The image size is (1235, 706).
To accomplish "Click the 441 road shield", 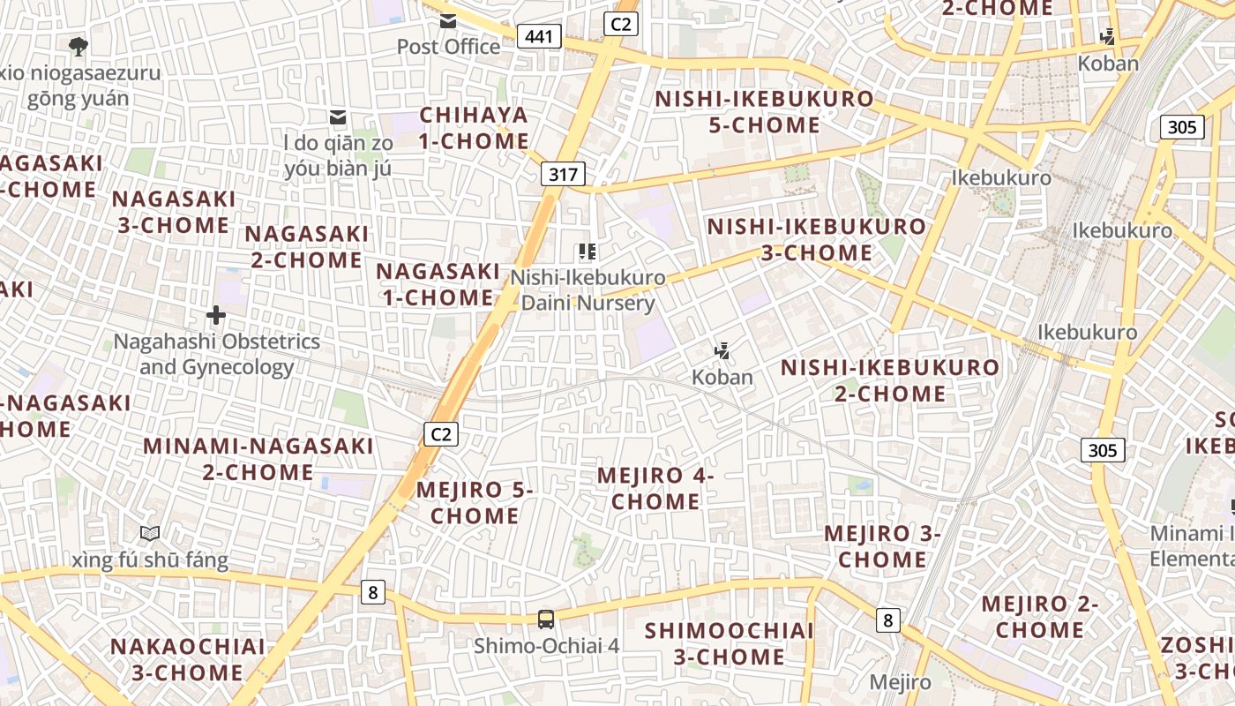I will click(538, 36).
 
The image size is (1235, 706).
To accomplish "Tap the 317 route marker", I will click(563, 174).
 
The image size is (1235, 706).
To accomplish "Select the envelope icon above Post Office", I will click(448, 21).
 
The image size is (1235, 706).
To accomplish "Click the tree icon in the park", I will click(78, 45).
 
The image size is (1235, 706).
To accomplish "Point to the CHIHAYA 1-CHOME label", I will click(475, 128).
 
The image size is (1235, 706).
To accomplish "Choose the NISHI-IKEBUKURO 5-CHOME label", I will click(764, 112).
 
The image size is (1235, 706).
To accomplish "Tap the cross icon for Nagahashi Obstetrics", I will click(216, 315).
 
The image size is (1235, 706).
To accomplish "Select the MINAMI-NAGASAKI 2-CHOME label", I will click(258, 459).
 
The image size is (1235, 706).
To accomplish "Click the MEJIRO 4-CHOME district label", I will click(655, 488).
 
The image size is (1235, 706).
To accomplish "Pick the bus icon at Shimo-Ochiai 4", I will click(546, 620).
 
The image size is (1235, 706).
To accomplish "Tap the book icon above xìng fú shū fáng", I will click(150, 534).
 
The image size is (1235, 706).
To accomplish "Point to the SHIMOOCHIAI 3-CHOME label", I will click(730, 643).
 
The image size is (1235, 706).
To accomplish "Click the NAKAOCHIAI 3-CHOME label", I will click(188, 659).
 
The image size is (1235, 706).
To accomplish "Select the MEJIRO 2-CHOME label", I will click(1040, 617).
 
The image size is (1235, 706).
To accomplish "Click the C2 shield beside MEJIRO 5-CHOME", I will click(442, 434).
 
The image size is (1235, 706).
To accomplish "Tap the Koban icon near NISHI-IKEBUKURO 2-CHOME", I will click(722, 351).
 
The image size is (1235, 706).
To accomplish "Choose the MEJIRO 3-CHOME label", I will click(882, 546).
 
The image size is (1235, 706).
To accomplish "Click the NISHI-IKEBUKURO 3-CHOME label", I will click(817, 240).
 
